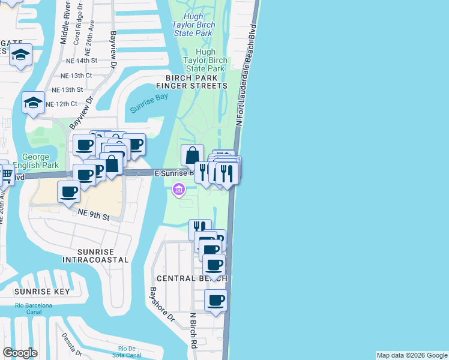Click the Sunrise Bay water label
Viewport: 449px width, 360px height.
point(148,103)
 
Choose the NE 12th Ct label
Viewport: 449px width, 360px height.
point(60,104)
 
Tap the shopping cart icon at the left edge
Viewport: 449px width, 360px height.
point(7,175)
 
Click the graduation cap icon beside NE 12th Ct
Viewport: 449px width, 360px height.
point(34,103)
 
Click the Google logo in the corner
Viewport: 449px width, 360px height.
point(20,353)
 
